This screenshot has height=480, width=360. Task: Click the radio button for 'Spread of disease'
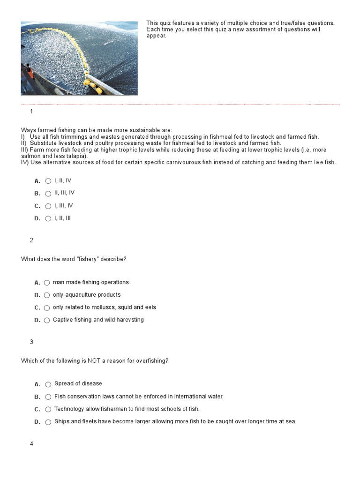pyautogui.click(x=48, y=384)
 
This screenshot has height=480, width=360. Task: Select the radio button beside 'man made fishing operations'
pyautogui.click(x=47, y=283)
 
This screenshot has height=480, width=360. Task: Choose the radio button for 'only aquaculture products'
pyautogui.click(x=47, y=295)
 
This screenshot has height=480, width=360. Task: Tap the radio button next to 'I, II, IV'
pyautogui.click(x=48, y=181)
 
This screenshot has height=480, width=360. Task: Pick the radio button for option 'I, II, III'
pyautogui.click(x=48, y=218)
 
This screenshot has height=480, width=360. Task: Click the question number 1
pyautogui.click(x=31, y=112)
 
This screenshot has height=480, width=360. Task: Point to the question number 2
pyautogui.click(x=31, y=240)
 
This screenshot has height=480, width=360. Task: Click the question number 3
pyautogui.click(x=31, y=342)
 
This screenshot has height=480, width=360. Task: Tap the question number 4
pyautogui.click(x=31, y=444)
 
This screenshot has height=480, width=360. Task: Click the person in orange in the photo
pyautogui.click(x=30, y=72)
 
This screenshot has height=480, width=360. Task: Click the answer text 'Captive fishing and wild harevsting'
pyautogui.click(x=98, y=320)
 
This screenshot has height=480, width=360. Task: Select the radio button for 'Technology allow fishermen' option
pyautogui.click(x=48, y=409)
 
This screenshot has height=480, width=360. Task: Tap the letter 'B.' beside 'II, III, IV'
pyautogui.click(x=37, y=194)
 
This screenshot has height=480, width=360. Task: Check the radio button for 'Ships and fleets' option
pyautogui.click(x=48, y=422)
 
